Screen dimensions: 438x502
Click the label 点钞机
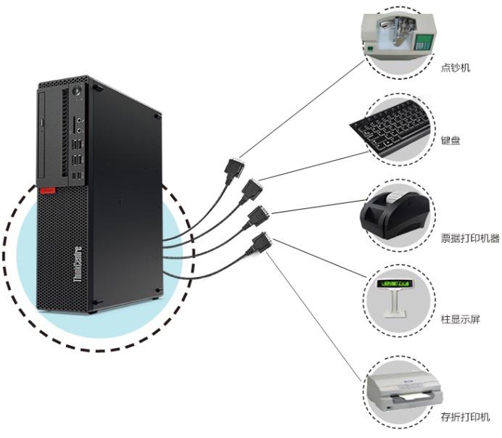[x=456, y=68]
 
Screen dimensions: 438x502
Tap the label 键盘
[x=450, y=141]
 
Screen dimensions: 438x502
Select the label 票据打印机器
[x=470, y=238]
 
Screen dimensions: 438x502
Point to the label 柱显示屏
[x=461, y=319]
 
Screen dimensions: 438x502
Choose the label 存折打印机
[x=465, y=417]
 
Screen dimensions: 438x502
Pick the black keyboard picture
[x=392, y=131]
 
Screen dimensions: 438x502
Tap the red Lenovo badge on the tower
[x=48, y=191]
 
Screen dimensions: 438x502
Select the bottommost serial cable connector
[x=260, y=243]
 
